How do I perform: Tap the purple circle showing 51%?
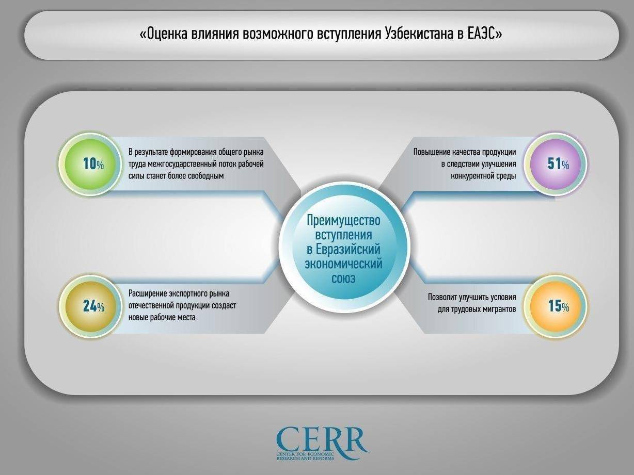pos(556,165)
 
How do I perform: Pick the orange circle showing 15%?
pos(556,306)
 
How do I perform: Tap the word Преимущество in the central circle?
pos(343,221)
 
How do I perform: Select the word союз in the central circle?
pos(343,279)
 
